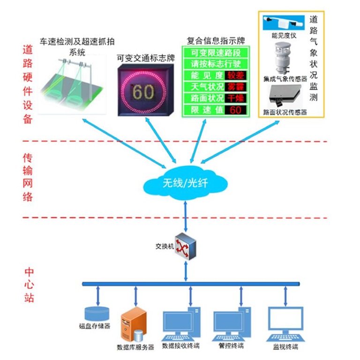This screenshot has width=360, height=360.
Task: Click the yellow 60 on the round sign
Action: (x=144, y=92)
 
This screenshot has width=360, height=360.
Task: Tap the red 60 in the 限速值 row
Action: (x=236, y=110)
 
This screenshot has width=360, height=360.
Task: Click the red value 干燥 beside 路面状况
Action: (x=236, y=98)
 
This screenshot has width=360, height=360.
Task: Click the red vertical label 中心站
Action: (x=29, y=284)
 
